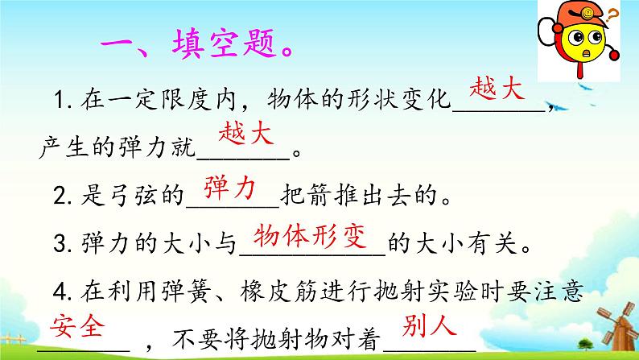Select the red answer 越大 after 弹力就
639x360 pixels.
[x=246, y=134]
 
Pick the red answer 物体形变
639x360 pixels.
[x=310, y=237]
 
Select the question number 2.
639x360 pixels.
[x=60, y=196]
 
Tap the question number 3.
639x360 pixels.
[x=60, y=244]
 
